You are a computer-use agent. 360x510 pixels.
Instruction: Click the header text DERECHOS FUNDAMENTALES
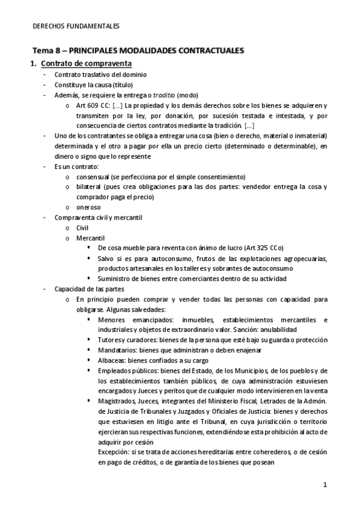(75, 26)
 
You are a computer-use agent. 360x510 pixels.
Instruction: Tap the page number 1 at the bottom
(325, 485)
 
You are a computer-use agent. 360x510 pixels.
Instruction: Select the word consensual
(93, 177)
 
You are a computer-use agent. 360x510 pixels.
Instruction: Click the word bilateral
(90, 187)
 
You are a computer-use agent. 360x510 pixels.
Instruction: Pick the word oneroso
(89, 207)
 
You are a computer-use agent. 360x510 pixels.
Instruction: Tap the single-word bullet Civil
(82, 227)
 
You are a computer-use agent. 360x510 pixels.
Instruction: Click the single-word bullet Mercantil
(88, 238)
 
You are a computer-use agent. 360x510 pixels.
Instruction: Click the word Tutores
(109, 340)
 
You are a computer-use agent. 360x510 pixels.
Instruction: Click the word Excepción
(114, 452)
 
